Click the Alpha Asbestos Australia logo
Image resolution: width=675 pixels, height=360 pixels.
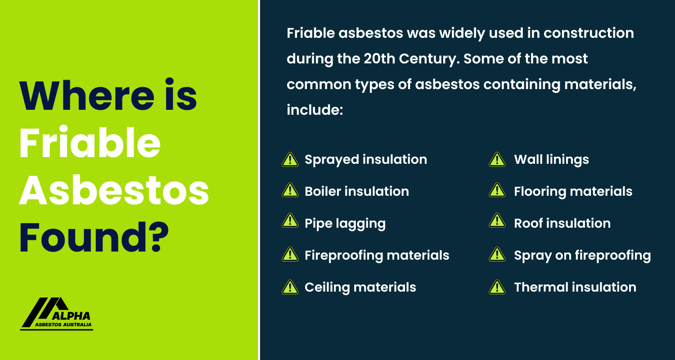57,314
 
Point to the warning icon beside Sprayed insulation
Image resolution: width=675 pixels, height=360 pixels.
290,160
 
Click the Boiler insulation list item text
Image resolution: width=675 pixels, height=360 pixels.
357,191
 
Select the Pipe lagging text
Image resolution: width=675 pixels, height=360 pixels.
345,224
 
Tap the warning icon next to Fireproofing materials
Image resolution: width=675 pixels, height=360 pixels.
290,255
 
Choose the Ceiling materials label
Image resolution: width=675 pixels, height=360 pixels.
360,287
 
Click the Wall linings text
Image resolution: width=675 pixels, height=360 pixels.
551,159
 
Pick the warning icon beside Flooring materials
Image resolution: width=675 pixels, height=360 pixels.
495,192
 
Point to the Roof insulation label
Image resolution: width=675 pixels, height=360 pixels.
562,224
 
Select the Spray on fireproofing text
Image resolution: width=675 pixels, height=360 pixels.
582,256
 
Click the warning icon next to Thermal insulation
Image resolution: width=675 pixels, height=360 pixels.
495,287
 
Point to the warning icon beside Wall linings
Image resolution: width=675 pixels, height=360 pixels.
495,160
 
